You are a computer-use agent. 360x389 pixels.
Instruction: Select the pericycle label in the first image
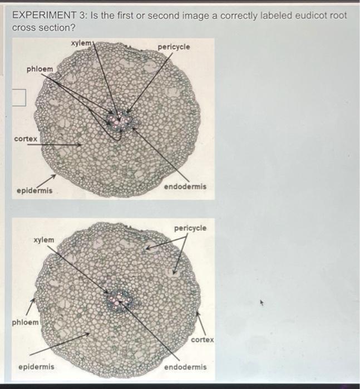click(174, 47)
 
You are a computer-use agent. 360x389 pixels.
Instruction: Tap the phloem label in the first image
click(40, 69)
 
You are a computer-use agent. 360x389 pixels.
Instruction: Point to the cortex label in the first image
click(26, 138)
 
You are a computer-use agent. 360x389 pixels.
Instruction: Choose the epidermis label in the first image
click(34, 191)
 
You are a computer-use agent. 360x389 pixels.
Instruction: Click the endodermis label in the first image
click(185, 187)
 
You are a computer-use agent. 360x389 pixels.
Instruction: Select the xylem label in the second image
click(44, 240)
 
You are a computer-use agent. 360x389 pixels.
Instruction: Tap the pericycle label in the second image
click(190, 228)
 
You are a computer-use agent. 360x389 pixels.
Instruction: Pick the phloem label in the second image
click(26, 322)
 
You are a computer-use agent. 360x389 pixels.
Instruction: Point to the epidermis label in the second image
click(37, 367)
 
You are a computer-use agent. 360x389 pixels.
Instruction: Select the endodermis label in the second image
click(185, 367)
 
